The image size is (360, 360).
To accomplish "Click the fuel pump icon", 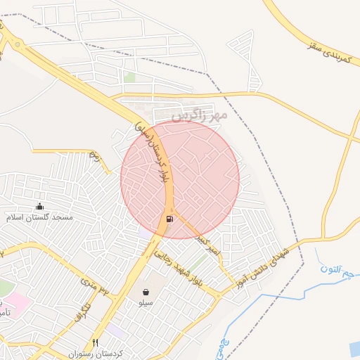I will tap(169, 219).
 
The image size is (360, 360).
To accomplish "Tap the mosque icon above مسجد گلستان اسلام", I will tap(39, 206).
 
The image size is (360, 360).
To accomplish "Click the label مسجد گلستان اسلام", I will tap(39, 218).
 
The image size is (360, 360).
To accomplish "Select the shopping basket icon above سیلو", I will tap(146, 291).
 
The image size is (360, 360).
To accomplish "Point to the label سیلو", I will tap(145, 302).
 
